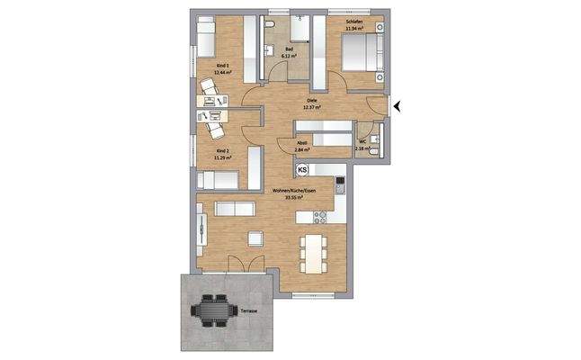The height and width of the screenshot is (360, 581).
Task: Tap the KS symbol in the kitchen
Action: coord(302,170)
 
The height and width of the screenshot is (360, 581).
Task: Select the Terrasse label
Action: coord(249,310)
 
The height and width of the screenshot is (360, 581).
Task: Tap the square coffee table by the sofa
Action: coord(254,237)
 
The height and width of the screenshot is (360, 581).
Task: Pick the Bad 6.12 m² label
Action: coord(290,52)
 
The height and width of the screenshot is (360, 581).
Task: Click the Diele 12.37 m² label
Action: coord(311,103)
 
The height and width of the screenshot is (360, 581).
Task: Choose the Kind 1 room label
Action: coord(224,69)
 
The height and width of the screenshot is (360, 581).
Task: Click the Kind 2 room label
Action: coord(222,154)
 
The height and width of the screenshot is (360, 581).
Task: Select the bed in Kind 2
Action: coord(216,180)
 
